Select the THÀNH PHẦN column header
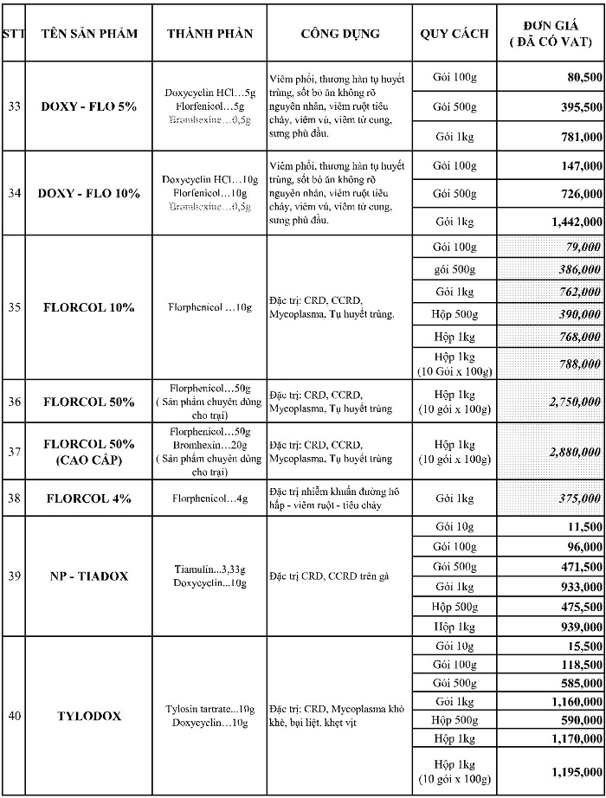(210, 34)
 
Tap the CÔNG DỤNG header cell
(340, 34)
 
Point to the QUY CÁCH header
(455, 34)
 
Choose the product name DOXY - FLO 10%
(89, 193)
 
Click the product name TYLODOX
(89, 716)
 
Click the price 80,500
(580, 78)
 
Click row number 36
(14, 402)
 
